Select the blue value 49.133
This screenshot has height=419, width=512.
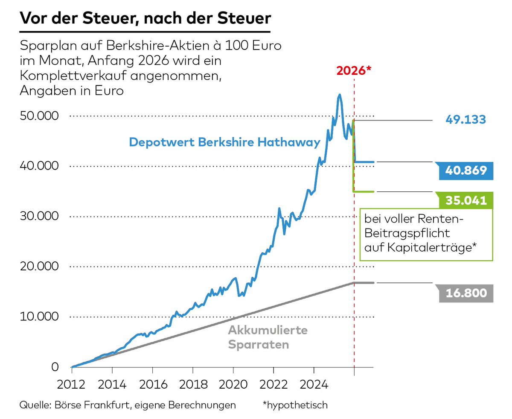[x=465, y=120]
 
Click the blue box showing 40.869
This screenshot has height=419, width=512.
[x=465, y=170]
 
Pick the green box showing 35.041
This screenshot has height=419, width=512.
[x=465, y=200]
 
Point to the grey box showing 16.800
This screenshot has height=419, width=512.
[x=465, y=293]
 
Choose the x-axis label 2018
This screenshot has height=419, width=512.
[x=192, y=384]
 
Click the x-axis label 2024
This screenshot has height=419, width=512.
[x=314, y=384]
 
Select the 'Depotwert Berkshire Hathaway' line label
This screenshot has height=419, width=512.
[x=224, y=142]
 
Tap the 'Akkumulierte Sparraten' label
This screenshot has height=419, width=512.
[x=268, y=337]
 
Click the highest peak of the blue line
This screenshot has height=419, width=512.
[x=340, y=95]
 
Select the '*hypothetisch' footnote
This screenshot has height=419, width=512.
[x=296, y=405]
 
